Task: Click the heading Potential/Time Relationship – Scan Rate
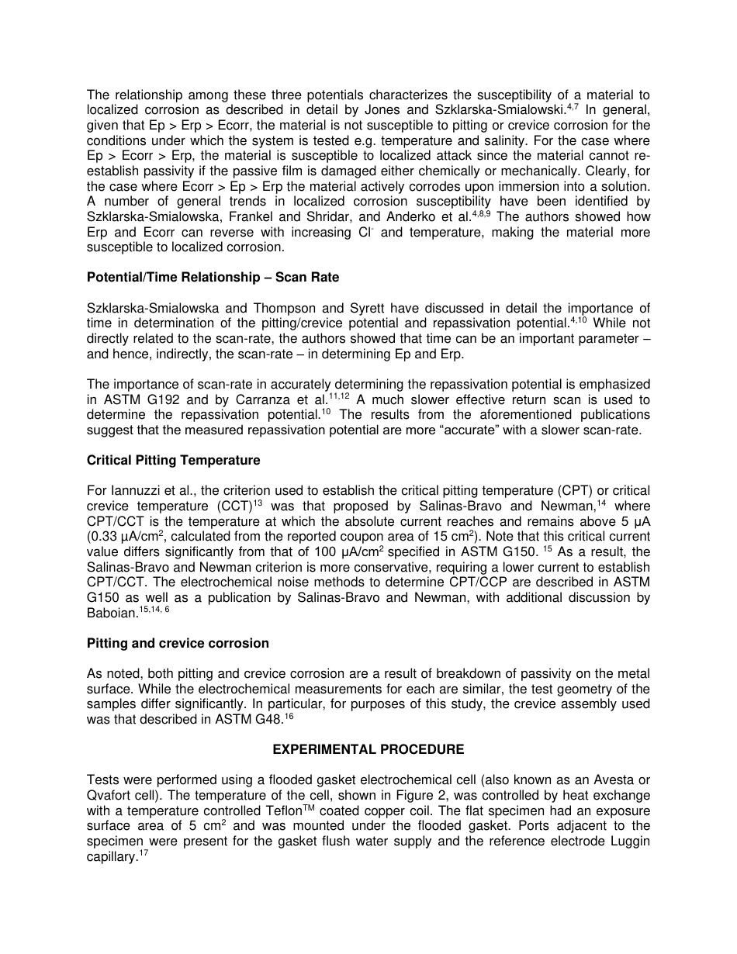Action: pyautogui.click(x=213, y=277)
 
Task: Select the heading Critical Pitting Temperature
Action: pyautogui.click(x=173, y=460)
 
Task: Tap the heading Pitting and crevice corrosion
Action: pyautogui.click(x=178, y=643)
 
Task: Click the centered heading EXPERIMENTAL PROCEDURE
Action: pyautogui.click(x=368, y=749)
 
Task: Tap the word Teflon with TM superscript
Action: pyautogui.click(x=279, y=811)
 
